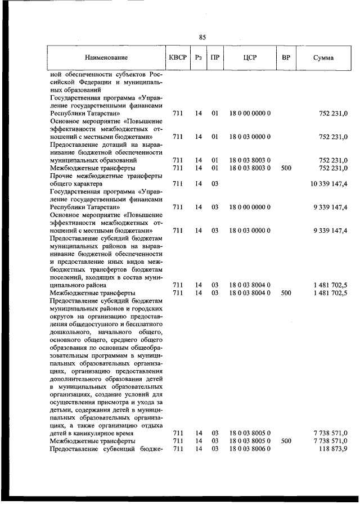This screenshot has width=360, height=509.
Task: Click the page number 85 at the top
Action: coord(202,37)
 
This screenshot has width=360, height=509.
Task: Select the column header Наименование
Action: coord(106,57)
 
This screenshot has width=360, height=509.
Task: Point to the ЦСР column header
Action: coord(250,57)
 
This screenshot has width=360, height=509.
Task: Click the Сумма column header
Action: coord(323,57)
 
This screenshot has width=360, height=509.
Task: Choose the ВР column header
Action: coord(286,57)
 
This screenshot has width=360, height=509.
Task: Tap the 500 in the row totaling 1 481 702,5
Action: coord(286,293)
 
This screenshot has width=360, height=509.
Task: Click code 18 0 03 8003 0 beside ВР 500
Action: coord(250,168)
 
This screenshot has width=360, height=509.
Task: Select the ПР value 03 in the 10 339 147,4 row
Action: coord(214,184)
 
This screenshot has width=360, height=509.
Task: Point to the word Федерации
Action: coord(97,82)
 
